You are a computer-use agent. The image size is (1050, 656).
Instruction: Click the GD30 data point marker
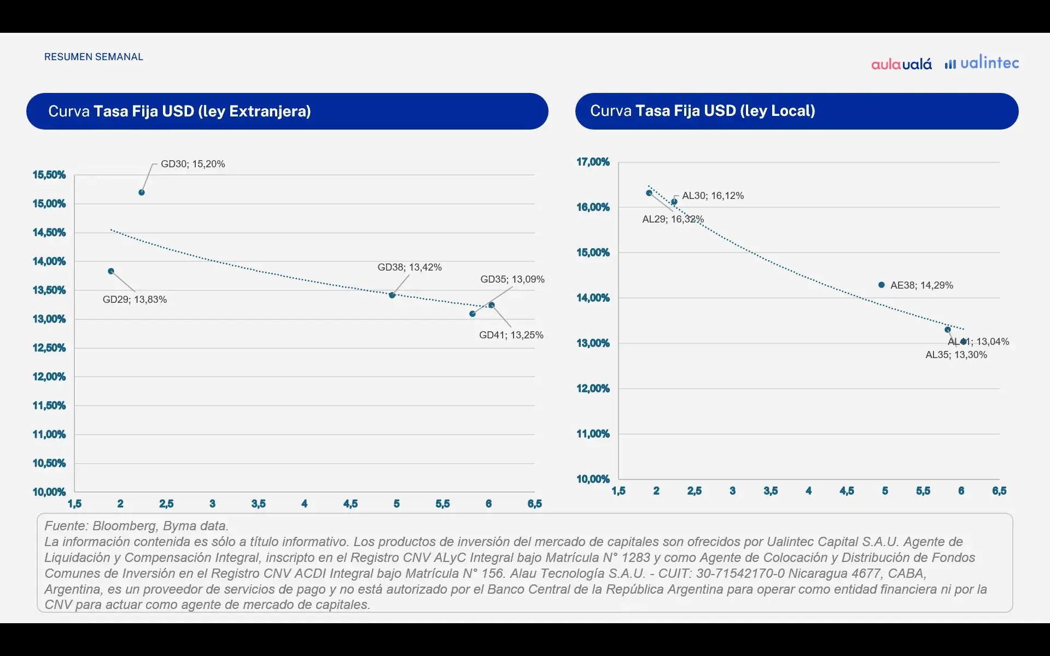142,192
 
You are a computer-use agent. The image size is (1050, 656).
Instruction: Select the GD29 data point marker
111,271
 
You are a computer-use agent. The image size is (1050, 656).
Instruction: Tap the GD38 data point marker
392,295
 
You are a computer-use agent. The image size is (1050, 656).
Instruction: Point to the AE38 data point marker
882,285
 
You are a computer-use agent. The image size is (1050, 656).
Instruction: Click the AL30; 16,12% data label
713,196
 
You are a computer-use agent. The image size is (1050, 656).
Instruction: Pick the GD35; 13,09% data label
512,279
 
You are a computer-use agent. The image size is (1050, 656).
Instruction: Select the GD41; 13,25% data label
511,335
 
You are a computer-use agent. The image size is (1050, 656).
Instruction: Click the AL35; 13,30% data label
956,355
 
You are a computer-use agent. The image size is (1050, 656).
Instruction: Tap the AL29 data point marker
649,193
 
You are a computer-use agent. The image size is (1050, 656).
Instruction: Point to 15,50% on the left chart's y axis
49,175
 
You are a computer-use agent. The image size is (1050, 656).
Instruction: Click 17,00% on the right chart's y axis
593,162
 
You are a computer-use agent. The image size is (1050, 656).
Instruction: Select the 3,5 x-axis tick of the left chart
259,503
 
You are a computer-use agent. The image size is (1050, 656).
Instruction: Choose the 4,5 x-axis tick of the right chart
847,491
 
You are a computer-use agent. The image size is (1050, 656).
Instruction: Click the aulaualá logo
901,64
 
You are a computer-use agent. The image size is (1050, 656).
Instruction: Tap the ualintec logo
982,63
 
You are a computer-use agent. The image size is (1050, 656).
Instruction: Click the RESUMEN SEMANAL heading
94,57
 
